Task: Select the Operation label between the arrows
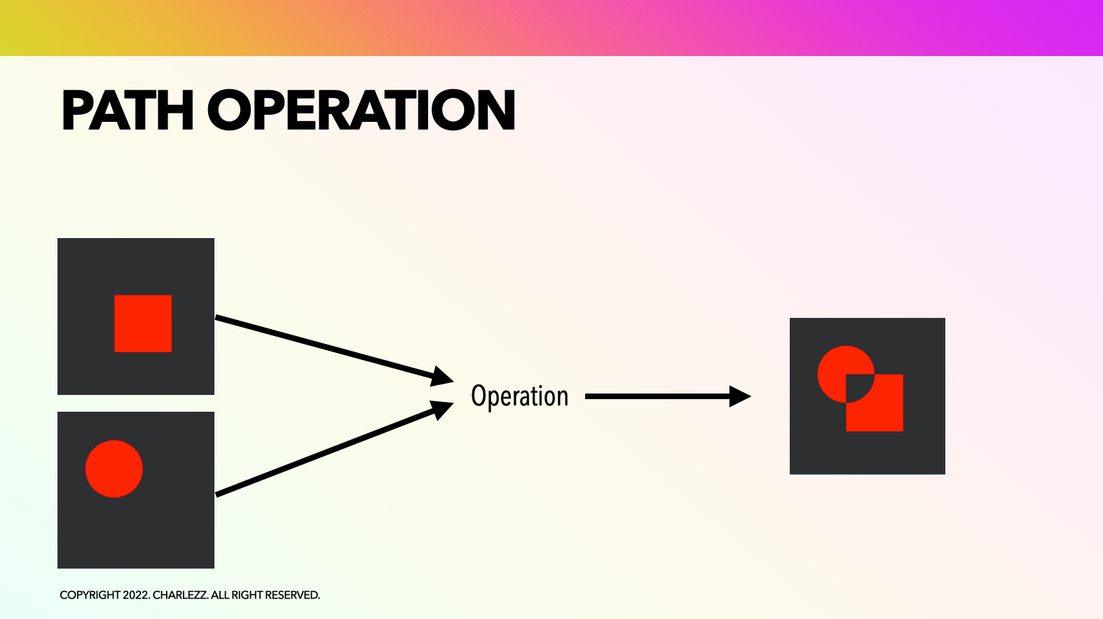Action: (519, 396)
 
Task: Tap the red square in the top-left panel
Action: (143, 324)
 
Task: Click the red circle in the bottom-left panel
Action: (114, 469)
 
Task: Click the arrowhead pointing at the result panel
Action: (740, 396)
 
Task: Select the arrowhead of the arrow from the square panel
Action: (442, 377)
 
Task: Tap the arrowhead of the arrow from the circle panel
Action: (442, 410)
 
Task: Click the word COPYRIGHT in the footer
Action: (90, 595)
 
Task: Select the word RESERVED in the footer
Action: (292, 595)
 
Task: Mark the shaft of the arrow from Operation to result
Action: (657, 396)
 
